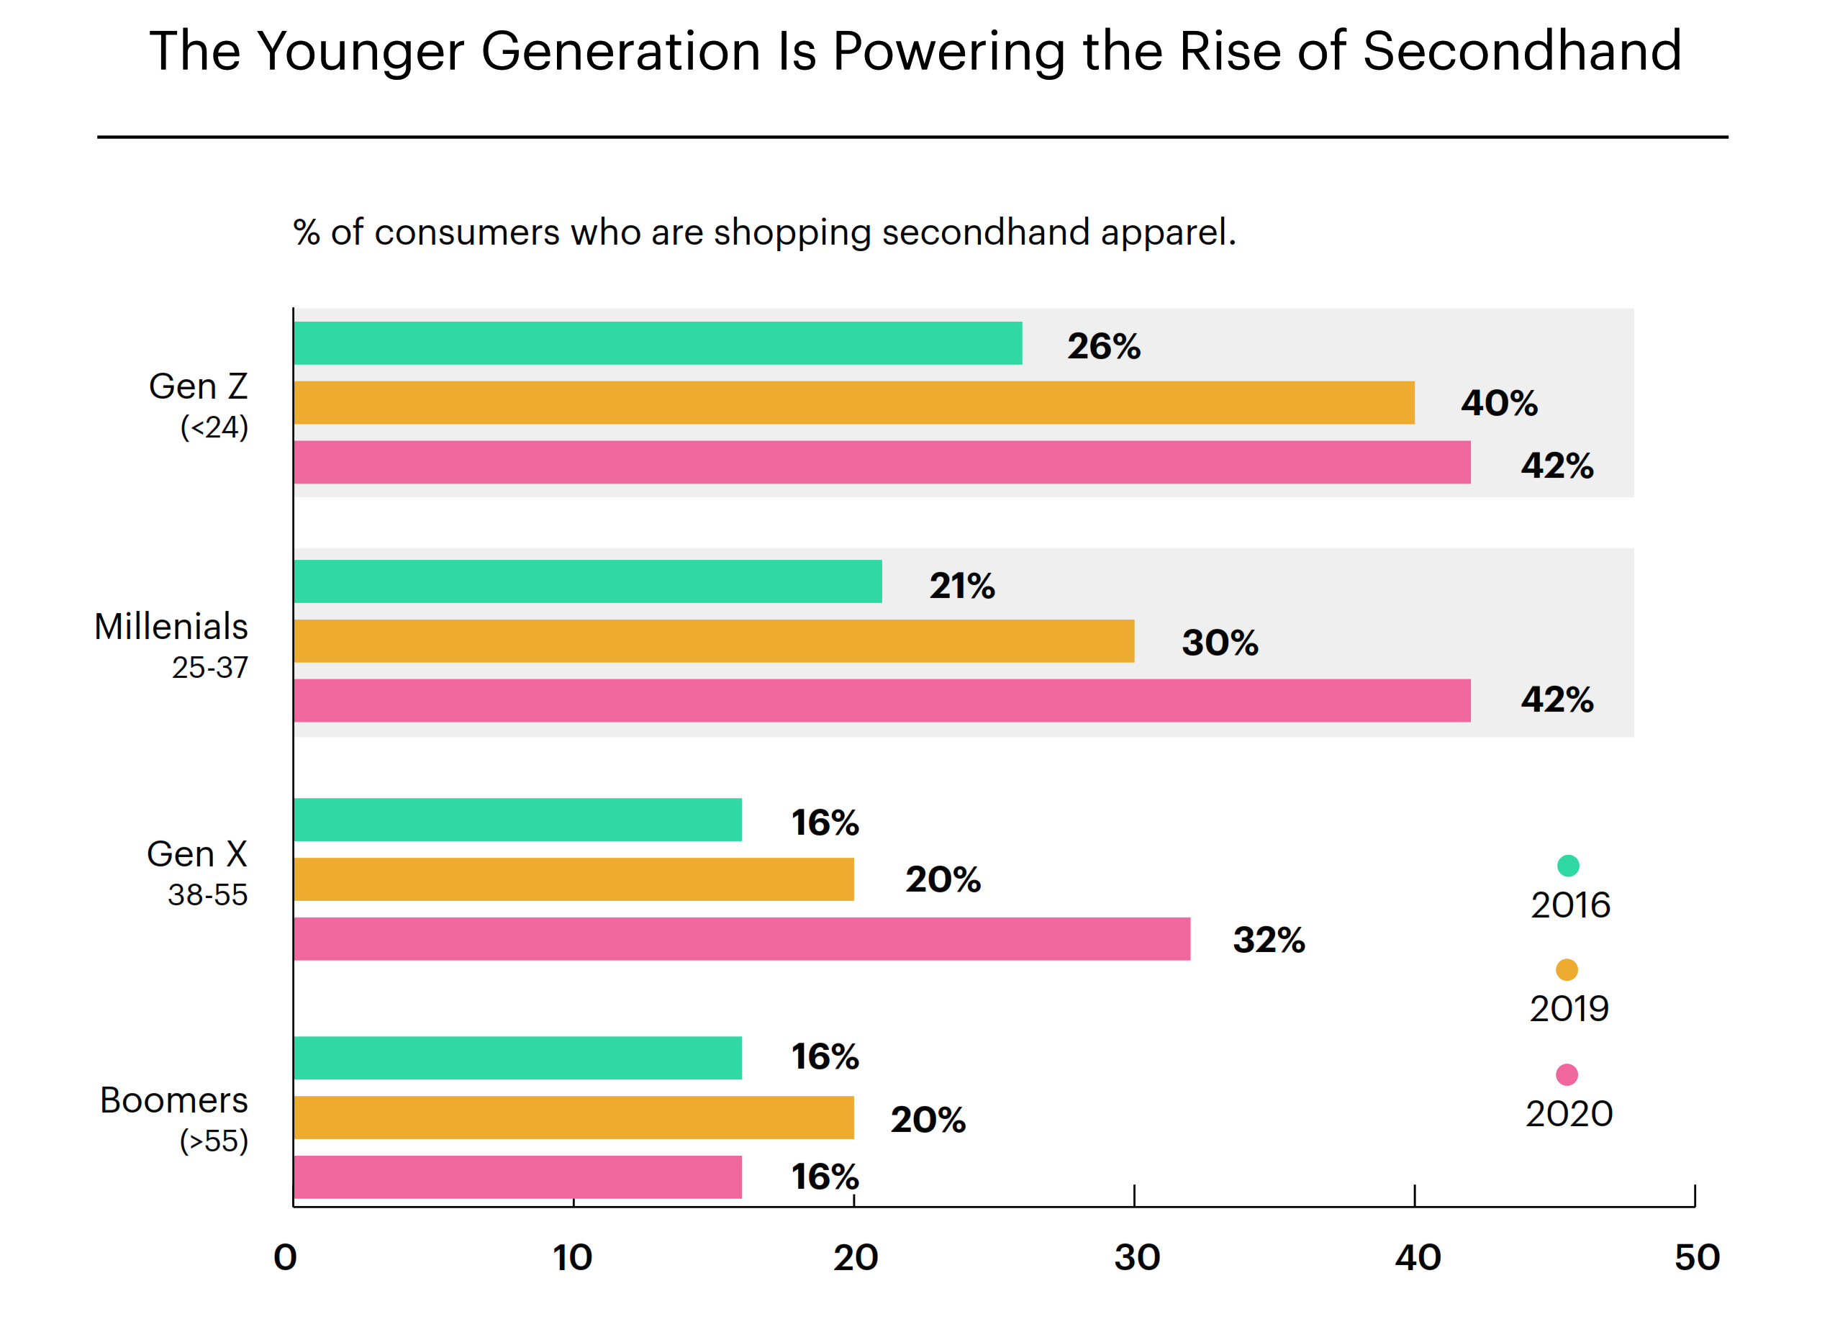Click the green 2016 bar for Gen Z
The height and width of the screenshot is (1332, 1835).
point(657,343)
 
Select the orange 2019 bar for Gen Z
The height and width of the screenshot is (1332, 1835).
point(853,403)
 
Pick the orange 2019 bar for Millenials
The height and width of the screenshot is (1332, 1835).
point(714,641)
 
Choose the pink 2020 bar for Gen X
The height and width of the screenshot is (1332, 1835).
point(741,938)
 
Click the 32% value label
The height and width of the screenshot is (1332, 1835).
point(1269,941)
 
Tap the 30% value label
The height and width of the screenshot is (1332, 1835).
point(1219,643)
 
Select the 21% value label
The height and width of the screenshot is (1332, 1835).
point(962,586)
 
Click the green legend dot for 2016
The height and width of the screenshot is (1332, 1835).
point(1568,866)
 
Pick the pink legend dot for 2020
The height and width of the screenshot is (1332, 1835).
point(1567,1074)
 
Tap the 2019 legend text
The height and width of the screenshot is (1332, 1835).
point(1569,1009)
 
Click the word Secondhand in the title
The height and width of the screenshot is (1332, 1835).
point(1522,51)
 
